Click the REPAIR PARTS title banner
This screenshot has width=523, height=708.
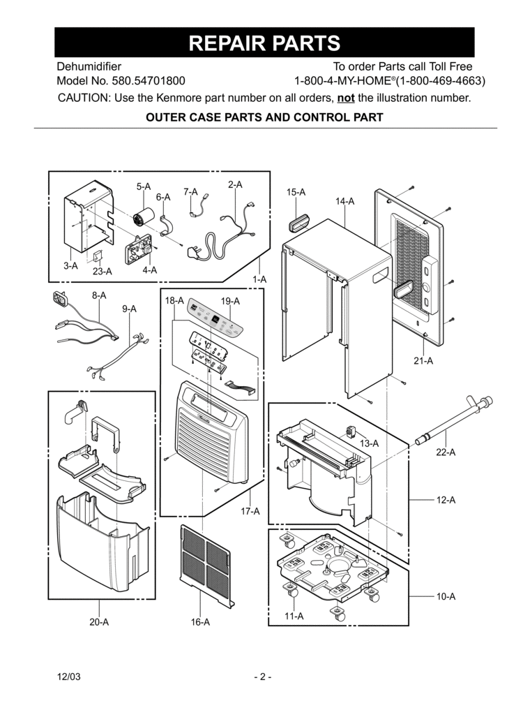click(x=264, y=43)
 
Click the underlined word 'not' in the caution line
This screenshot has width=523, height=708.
click(x=345, y=98)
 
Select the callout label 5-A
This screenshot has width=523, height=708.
click(x=144, y=186)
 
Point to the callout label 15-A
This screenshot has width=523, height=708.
click(x=296, y=192)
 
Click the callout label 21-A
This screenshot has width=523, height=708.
click(x=423, y=361)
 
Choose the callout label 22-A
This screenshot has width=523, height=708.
click(x=446, y=452)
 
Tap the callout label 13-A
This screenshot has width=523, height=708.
click(x=369, y=443)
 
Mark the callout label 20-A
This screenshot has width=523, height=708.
click(x=99, y=622)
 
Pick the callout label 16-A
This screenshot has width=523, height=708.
click(x=200, y=622)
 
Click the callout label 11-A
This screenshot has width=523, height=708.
click(x=294, y=616)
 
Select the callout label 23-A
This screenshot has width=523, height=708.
click(x=103, y=272)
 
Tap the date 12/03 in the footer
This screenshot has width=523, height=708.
click(x=68, y=677)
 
